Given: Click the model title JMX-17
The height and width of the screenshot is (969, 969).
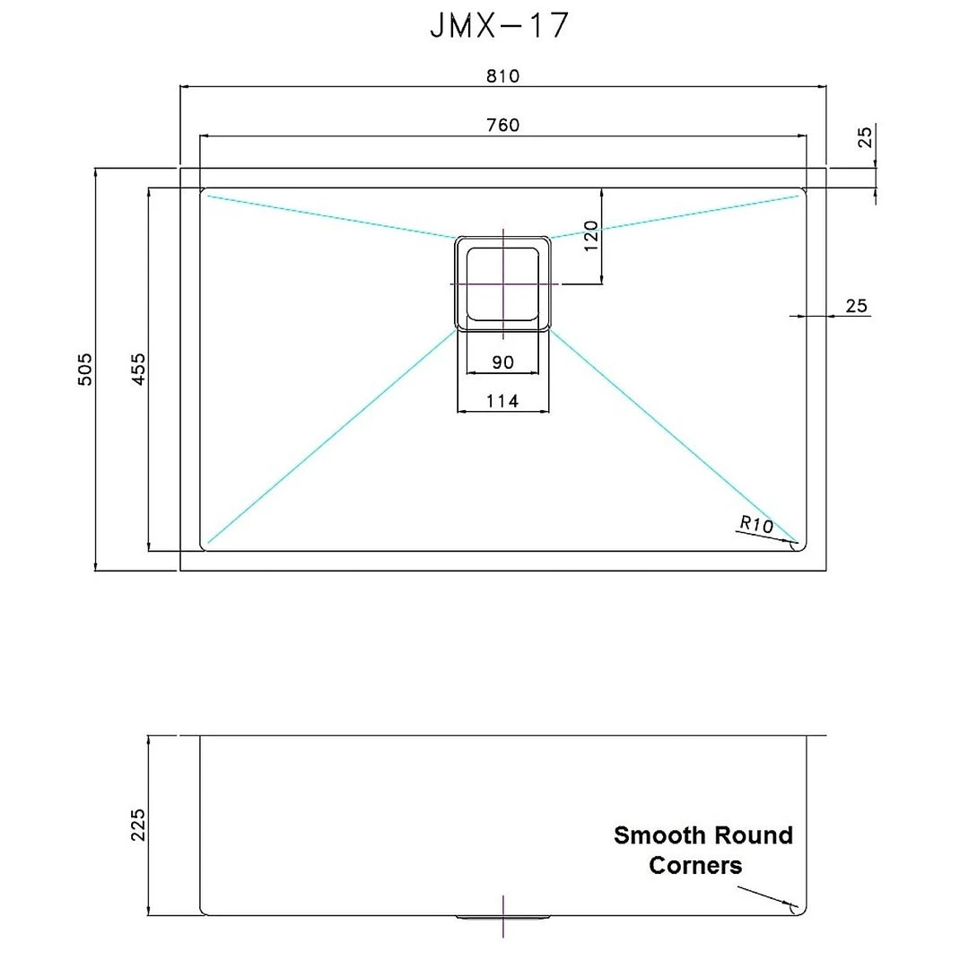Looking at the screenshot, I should point(499,26).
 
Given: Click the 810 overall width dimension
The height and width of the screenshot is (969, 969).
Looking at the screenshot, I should point(502,75).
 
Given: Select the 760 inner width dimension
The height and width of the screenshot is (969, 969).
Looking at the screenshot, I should point(502,125).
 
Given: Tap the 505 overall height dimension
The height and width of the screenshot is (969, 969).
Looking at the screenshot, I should point(84,369).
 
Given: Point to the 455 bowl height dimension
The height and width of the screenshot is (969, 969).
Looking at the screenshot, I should point(138,369).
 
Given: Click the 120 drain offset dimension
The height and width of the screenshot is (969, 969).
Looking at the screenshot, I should point(590,236).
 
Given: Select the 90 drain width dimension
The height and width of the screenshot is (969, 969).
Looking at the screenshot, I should point(502,362).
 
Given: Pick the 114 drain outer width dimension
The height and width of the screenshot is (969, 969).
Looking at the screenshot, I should point(502,401).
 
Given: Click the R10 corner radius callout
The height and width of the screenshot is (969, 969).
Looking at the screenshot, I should point(756,524).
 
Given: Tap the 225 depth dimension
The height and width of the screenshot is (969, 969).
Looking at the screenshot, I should point(137,825).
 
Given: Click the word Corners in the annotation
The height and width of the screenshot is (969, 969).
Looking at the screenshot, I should point(695,866).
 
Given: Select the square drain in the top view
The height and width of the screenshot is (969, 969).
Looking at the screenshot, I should point(502,284).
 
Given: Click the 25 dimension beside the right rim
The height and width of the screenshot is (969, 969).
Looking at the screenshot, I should point(856,306).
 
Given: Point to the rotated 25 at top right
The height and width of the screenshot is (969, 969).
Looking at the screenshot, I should point(865,136).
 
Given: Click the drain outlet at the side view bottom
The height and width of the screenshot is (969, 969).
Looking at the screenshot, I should point(502,917).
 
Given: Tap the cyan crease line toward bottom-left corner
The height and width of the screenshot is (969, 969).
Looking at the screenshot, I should point(332,437).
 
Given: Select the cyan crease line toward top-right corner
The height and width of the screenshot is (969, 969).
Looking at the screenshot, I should point(673,215).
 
